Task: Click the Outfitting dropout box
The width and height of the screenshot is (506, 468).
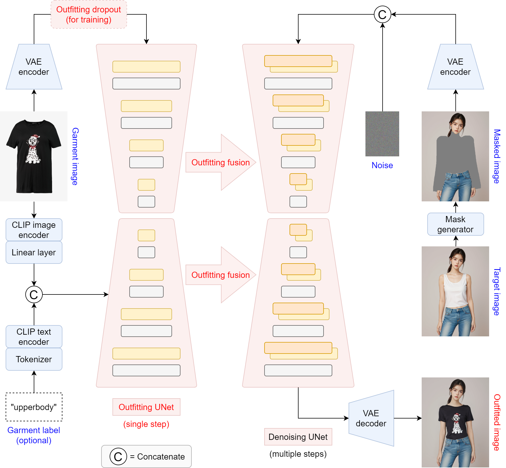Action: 89,15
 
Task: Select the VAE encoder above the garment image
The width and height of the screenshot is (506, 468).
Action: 34,67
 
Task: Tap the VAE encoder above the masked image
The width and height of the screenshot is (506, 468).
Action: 455,67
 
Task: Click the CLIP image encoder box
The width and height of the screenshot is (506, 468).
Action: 34,230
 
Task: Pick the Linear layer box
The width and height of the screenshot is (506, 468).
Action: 34,252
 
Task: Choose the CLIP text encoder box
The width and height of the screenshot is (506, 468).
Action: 34,337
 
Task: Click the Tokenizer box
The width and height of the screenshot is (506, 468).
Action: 34,359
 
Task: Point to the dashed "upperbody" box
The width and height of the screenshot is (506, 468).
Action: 34,407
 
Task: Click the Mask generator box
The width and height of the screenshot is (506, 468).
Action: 455,224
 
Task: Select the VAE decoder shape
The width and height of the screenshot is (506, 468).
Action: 371,418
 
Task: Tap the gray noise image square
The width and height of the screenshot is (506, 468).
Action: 382,134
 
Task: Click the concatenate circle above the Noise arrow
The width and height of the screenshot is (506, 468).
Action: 382,15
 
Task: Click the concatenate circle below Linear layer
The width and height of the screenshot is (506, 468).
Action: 34,294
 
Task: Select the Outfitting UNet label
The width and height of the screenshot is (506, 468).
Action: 146,407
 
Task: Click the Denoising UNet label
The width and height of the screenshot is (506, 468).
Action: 298,437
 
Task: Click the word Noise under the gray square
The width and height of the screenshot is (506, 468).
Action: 382,165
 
